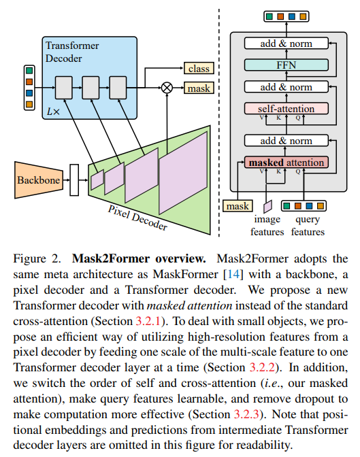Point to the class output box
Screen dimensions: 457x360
198,69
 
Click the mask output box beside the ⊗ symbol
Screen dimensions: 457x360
198,88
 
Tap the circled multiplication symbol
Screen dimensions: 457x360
166,87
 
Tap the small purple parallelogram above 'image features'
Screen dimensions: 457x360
267,205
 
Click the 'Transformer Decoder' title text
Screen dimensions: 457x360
71,51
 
